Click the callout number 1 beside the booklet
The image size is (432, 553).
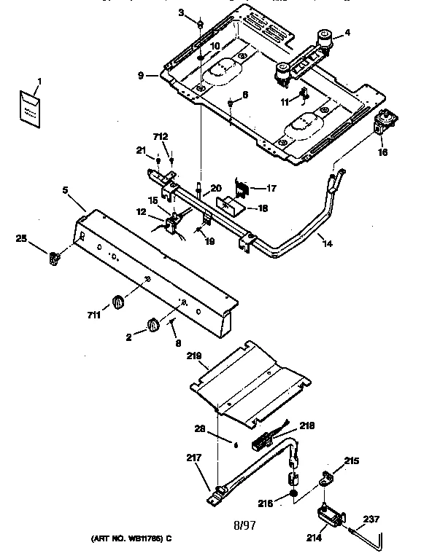pos(39,80)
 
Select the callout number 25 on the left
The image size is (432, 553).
pos(23,238)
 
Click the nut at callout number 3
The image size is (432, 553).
pos(198,26)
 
